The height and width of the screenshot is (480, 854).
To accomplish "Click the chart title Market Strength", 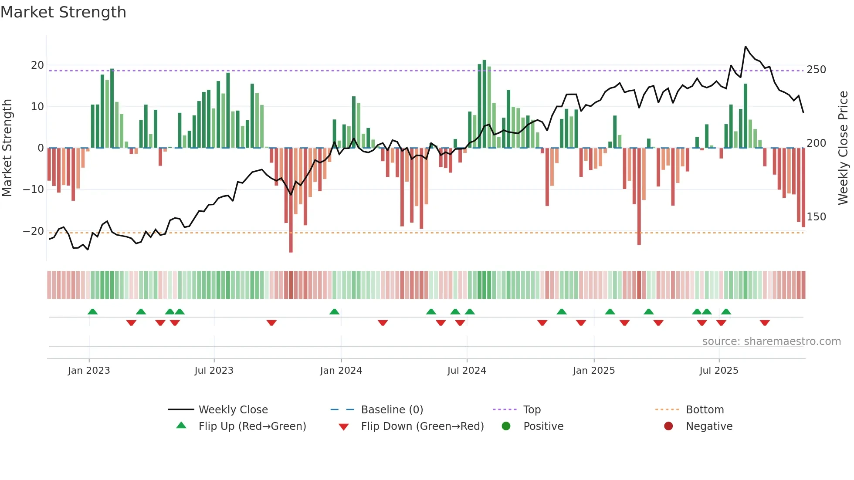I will (x=63, y=12).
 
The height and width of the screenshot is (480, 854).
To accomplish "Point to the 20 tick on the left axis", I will (x=37, y=65).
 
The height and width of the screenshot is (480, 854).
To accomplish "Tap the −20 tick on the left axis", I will (x=34, y=231).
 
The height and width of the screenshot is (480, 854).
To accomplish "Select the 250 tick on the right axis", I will (x=816, y=70).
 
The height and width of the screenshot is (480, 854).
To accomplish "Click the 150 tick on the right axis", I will (x=816, y=217).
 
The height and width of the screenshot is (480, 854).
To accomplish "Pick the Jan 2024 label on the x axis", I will (x=341, y=371).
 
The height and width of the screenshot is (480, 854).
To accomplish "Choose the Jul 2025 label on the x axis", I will (x=718, y=371).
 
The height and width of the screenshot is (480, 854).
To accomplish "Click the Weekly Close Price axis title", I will (x=843, y=148).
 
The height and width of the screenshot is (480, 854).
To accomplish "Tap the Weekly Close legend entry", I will (x=233, y=410).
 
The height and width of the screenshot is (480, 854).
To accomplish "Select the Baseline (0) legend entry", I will (x=392, y=410).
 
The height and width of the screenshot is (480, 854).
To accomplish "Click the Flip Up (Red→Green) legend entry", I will (x=252, y=426).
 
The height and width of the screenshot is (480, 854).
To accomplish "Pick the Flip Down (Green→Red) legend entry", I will (x=422, y=426).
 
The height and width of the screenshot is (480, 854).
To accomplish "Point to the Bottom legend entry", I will (x=705, y=410).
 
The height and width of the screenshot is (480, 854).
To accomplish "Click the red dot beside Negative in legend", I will (x=668, y=426).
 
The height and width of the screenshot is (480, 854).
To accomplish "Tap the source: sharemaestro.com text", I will (x=771, y=341).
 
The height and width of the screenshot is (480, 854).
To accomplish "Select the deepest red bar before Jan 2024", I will (x=291, y=200).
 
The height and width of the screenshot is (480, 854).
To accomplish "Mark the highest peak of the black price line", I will (x=746, y=47).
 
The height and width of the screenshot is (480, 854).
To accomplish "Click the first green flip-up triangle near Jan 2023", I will (x=92, y=311).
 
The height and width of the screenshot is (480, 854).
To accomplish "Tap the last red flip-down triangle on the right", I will (x=765, y=323).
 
